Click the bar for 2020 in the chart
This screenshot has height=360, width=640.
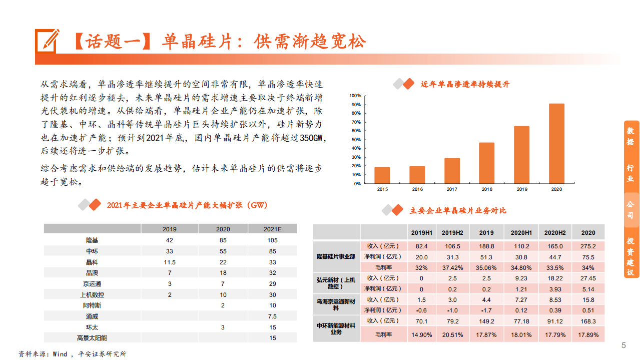click(x=556, y=144)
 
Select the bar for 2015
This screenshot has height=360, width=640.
click(x=382, y=175)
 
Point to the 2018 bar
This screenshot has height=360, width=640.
click(x=487, y=163)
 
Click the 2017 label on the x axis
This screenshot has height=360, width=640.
click(x=452, y=189)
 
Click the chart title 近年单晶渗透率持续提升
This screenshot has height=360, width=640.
click(x=465, y=85)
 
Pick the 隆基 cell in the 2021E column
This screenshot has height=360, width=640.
click(x=272, y=240)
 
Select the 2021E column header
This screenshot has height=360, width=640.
click(x=272, y=229)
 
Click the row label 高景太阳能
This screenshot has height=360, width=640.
click(x=92, y=338)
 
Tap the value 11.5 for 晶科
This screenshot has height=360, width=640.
click(x=170, y=262)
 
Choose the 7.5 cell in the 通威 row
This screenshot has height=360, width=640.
click(x=272, y=316)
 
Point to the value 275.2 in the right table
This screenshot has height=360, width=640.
click(x=588, y=246)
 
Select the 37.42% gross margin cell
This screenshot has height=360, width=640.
click(x=452, y=267)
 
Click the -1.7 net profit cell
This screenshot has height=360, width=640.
click(x=486, y=310)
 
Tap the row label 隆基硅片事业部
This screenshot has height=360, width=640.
click(x=336, y=256)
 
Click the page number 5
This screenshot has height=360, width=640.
click(x=623, y=345)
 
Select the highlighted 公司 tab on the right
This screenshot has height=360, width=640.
click(x=631, y=210)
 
